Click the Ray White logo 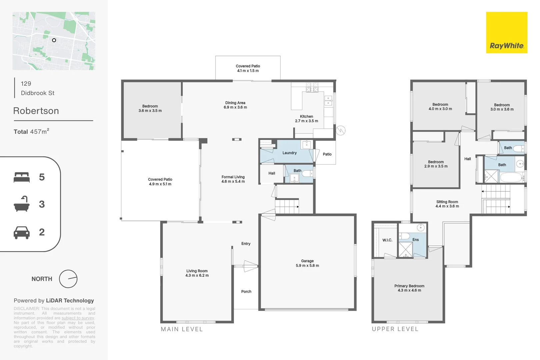point(506,33)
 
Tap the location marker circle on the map point(54,40)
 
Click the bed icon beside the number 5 point(22,177)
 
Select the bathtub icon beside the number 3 point(22,204)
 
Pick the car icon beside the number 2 point(22,232)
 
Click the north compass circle point(68,279)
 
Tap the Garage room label point(307,261)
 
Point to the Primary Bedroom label point(409,286)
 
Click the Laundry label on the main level point(289,153)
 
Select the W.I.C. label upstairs point(387,240)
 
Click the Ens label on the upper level point(415,240)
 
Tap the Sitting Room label point(447,202)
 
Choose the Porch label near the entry point(246,292)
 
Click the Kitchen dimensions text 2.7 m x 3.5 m point(306,121)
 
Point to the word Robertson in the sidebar point(36,111)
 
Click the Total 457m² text point(31,132)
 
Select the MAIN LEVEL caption point(182,329)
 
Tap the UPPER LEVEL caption point(395,329)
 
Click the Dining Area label point(235,103)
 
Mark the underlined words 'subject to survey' point(78,318)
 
